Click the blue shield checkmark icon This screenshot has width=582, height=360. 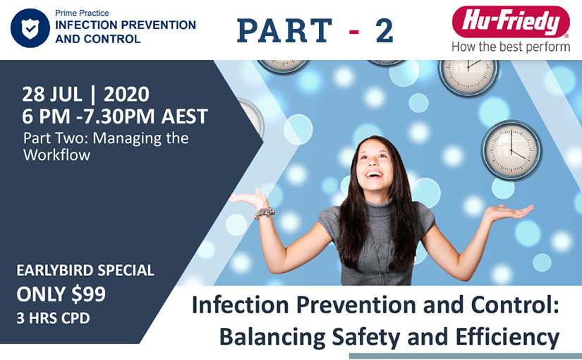click(29, 28)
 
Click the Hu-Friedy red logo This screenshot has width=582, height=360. click(511, 21)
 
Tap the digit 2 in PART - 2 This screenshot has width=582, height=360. click(384, 30)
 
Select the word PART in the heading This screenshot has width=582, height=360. click(286, 30)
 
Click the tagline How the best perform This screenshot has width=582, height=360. click(511, 47)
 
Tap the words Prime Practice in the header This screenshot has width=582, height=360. click(82, 13)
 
